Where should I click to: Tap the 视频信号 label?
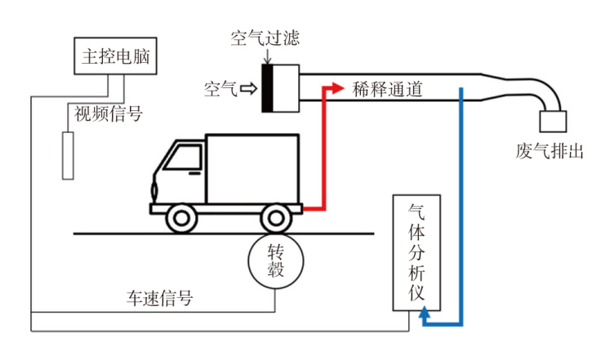pos(109,113)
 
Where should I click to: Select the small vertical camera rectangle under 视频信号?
pos(69,153)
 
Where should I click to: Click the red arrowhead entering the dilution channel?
pos(335,87)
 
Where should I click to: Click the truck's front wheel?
pos(180,219)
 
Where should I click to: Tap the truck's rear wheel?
pos(276,219)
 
